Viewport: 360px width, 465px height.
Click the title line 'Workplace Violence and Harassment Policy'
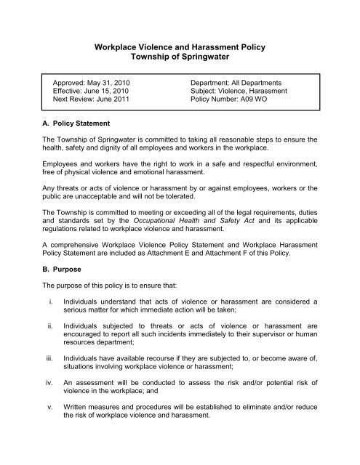coord(180,47)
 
